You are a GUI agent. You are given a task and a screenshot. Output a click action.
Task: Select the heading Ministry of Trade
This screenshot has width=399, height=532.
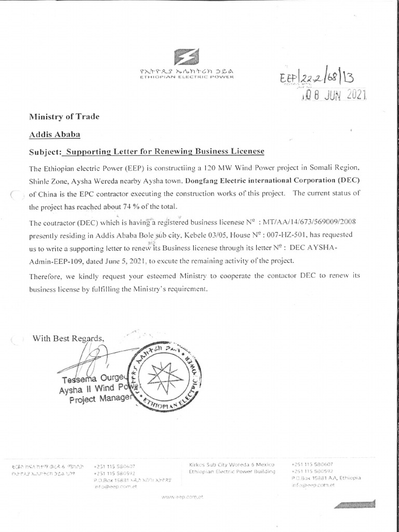pos(64,116)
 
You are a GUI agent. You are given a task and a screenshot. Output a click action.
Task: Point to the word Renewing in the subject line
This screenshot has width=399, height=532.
pos(171,151)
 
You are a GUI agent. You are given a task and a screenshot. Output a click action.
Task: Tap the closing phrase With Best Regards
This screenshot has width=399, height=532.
pos(69,339)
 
